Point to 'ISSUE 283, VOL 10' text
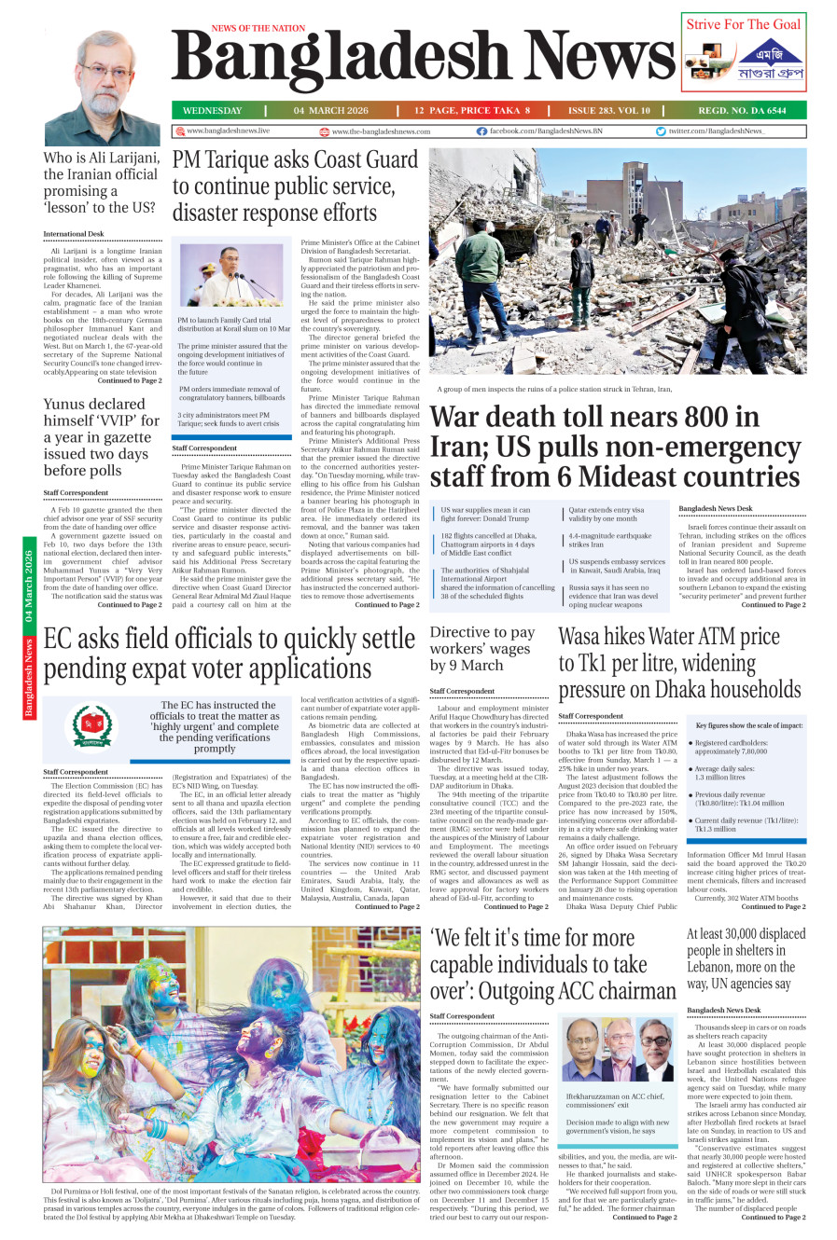pos(608,110)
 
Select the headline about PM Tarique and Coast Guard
pos(295,186)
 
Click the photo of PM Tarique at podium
pos(230,276)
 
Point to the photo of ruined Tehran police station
pos(617,261)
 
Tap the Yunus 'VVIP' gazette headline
pos(100,436)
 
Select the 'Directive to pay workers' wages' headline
pos(482,649)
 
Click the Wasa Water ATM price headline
pos(679,663)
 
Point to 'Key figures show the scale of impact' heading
pos(748,725)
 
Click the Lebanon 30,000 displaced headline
pos(746,958)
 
